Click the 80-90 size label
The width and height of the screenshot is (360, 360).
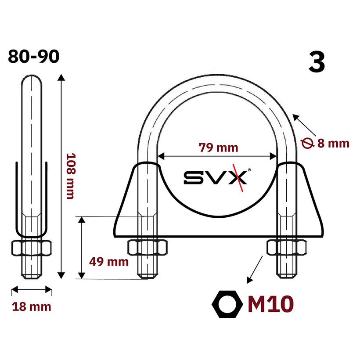34,56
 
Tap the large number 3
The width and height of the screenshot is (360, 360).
317,62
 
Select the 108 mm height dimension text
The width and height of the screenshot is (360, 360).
71,176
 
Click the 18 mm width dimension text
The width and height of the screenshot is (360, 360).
32,307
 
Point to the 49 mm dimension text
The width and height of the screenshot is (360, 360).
109,262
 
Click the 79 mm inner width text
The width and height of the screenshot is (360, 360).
218,148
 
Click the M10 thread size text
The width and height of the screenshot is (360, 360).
271,304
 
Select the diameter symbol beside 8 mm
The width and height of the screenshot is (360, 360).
307,143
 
